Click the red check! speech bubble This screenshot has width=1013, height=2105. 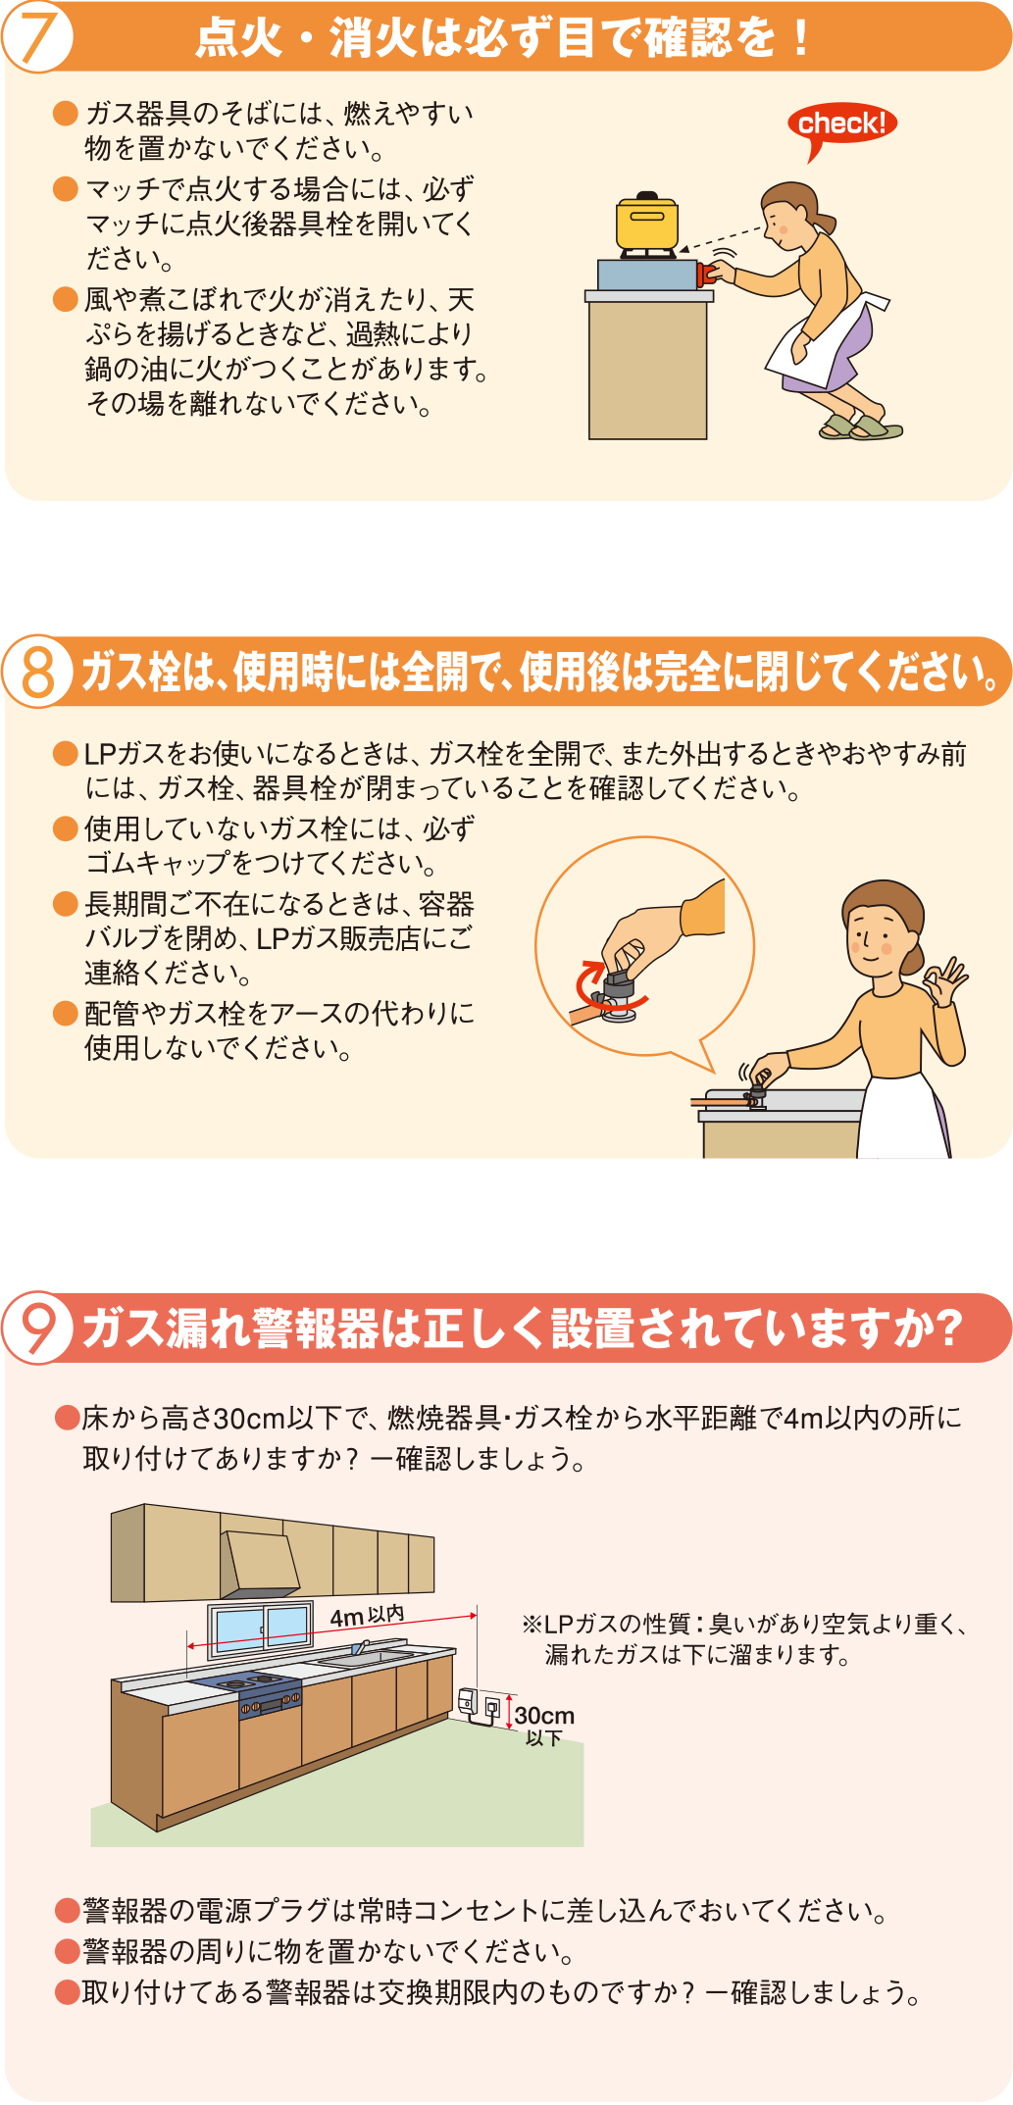[841, 125]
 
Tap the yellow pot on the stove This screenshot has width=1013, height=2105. [646, 222]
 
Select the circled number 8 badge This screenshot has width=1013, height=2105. [37, 672]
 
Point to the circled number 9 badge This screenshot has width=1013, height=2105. [37, 1328]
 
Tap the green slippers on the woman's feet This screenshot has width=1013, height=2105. [861, 426]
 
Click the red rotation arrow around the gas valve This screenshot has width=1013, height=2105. [609, 986]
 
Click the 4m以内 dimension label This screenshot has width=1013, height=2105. [367, 1616]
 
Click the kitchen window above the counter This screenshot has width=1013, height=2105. [260, 1629]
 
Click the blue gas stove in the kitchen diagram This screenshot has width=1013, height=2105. [251, 1688]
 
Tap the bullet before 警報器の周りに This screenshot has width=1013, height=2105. [67, 1951]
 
